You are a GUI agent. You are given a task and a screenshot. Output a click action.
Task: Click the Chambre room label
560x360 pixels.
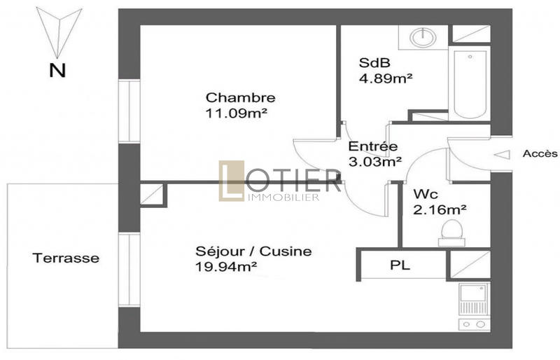[x=240, y=97]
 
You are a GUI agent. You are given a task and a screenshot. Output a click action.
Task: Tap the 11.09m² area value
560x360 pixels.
[x=239, y=112]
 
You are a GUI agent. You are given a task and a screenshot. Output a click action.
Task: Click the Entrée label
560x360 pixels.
[x=373, y=147]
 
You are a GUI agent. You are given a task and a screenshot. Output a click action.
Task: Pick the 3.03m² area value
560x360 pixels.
[x=375, y=162]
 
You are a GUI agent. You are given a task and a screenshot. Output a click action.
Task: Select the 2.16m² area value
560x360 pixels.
[x=440, y=208]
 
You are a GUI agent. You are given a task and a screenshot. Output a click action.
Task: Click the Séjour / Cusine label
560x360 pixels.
[x=254, y=251]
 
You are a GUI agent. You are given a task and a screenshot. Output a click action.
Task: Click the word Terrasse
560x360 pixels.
[x=66, y=258]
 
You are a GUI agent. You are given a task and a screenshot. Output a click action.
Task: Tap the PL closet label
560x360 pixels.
[x=400, y=265]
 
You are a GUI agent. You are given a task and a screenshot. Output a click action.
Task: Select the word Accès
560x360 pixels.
[x=540, y=153]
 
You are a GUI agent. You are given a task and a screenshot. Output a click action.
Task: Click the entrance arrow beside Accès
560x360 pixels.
[x=503, y=154]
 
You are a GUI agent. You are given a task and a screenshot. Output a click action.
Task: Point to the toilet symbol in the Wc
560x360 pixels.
[x=451, y=232]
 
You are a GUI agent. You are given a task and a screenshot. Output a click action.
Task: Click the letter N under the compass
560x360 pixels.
[x=57, y=69]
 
